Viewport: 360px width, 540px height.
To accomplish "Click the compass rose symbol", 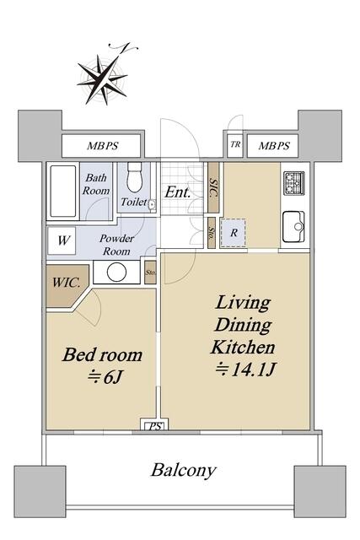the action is pos(103,79).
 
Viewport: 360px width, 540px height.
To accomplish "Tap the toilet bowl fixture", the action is pos(134,177).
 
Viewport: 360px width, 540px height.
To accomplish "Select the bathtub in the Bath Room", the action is pos(63,192).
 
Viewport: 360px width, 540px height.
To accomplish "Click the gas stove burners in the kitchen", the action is pos(294,183).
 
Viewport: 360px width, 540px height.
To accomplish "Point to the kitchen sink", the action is pos(293,227).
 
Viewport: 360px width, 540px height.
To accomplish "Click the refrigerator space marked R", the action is pos(234,233).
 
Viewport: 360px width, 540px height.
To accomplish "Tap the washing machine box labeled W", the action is pos(62,240).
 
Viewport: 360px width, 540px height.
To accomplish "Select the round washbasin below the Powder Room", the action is pos(116,272).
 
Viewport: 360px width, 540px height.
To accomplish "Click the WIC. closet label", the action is pos(66,283).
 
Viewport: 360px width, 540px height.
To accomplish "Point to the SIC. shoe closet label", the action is pos(214,188).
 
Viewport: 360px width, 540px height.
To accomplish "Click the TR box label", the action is pos(235,144).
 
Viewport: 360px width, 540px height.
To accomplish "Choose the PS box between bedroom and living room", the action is pos(155,426).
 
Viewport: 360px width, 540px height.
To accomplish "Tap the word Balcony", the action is pos(184,470).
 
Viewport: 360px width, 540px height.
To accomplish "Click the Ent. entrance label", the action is pos(177,192).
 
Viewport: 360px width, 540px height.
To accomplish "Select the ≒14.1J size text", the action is pos(244,370).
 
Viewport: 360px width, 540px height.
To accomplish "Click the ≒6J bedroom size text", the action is pos(105,377).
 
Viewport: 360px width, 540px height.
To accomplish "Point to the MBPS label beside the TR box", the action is pos(274,146).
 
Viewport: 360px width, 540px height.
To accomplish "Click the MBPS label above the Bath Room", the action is pos(102,146).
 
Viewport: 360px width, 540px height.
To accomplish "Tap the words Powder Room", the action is pos(116,245).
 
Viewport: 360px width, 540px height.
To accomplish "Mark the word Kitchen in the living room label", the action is pos(243,347).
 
